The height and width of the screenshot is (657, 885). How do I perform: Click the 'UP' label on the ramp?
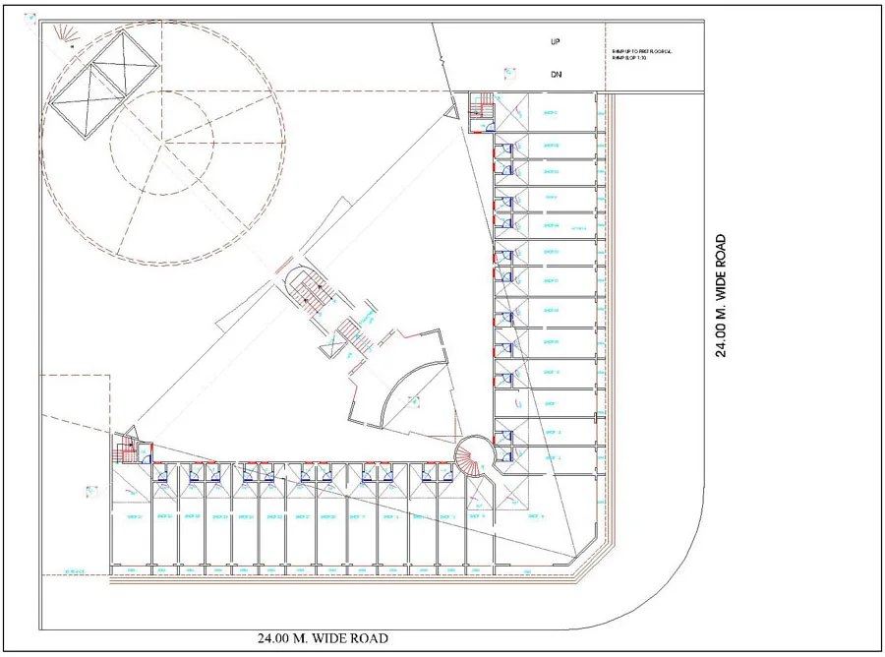pos(556,43)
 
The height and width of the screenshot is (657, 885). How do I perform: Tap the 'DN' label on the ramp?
pos(556,76)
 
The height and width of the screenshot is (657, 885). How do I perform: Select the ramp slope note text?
pos(639,56)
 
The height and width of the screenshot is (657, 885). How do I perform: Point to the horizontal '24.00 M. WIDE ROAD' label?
pos(323,639)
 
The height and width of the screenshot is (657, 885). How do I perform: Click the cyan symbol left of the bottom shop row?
pos(91,490)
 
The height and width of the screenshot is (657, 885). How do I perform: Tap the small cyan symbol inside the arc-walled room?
pos(413,401)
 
